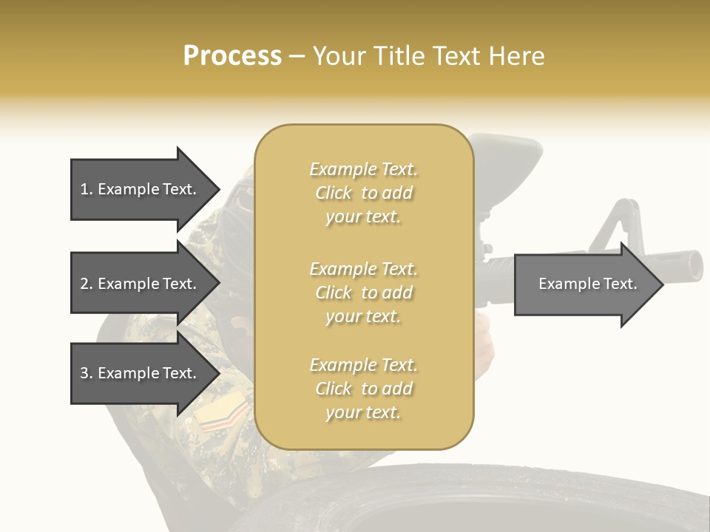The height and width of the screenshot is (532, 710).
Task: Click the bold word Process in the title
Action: pyautogui.click(x=232, y=56)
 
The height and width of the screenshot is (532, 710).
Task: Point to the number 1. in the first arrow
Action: pyautogui.click(x=87, y=189)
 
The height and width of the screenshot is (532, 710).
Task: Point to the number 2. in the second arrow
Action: pyautogui.click(x=87, y=284)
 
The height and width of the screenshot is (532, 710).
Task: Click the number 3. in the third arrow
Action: pyautogui.click(x=87, y=373)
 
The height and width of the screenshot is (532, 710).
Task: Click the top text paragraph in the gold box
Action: pyautogui.click(x=363, y=193)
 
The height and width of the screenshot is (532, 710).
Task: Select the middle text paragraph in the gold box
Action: pyautogui.click(x=363, y=292)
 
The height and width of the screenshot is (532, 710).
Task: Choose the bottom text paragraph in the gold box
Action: pyautogui.click(x=363, y=389)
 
